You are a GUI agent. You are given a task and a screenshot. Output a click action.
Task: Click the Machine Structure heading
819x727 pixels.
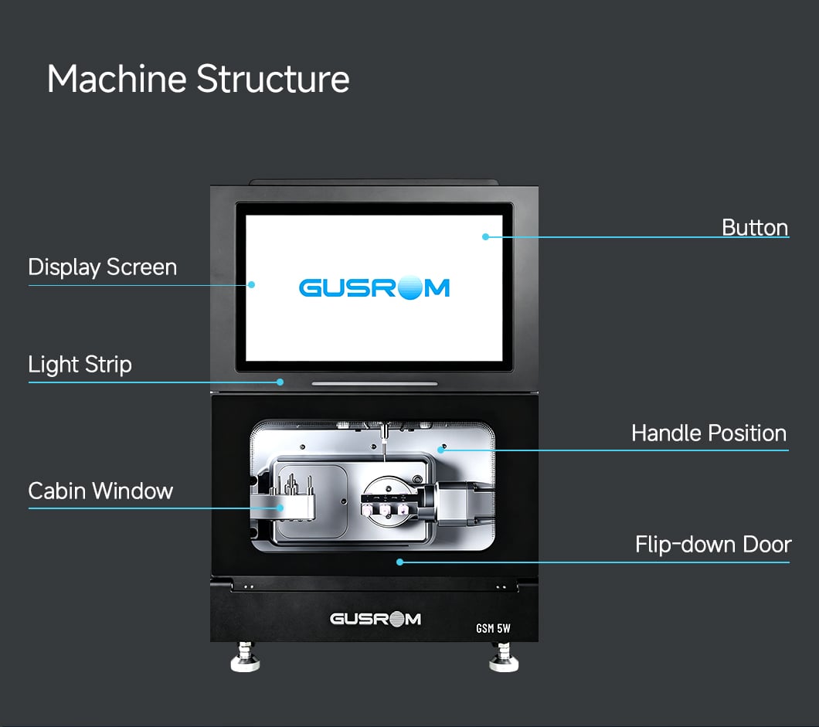click(x=199, y=79)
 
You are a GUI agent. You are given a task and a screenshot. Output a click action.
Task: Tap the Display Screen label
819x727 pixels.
click(x=102, y=267)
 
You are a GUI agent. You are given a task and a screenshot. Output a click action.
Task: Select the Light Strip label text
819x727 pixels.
click(x=80, y=365)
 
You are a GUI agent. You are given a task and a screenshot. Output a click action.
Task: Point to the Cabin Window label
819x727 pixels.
click(x=100, y=491)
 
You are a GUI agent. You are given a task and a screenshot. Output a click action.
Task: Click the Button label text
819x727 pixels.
click(x=755, y=228)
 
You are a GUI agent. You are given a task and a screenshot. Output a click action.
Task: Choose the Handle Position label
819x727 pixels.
click(x=709, y=433)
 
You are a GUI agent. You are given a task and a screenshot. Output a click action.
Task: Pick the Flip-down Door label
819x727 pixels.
click(x=713, y=544)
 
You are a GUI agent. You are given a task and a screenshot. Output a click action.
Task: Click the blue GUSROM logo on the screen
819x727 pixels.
click(x=374, y=287)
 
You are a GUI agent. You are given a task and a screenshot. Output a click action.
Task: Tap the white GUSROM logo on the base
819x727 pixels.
click(x=375, y=619)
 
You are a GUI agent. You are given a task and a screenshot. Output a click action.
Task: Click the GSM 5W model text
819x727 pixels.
click(x=493, y=628)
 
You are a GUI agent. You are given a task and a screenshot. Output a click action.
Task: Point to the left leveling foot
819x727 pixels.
click(x=245, y=657)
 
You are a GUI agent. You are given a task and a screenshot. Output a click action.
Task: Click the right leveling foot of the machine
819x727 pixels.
click(x=504, y=657)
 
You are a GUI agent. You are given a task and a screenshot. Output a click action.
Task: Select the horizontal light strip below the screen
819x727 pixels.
click(x=375, y=383)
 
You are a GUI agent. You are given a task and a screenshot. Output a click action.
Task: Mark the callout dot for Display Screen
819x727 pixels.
click(x=251, y=284)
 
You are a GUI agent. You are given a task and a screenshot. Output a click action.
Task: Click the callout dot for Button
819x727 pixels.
click(x=485, y=236)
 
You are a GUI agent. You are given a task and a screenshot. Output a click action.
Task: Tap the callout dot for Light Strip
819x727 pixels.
click(x=280, y=382)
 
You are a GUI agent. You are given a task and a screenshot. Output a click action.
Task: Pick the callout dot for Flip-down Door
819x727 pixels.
click(x=399, y=562)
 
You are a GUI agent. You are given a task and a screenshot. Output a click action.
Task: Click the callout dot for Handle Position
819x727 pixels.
click(x=441, y=450)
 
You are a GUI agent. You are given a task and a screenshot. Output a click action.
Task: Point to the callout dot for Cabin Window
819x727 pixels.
click(x=280, y=508)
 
